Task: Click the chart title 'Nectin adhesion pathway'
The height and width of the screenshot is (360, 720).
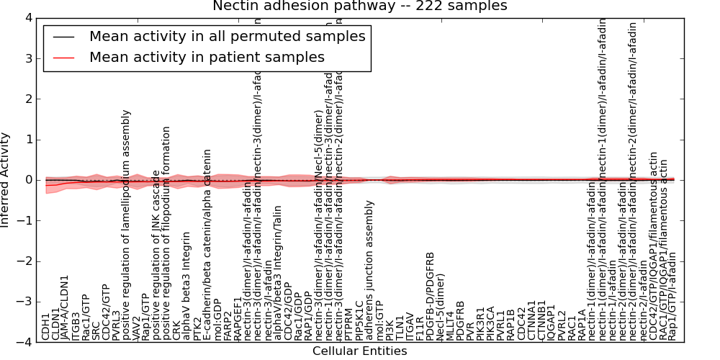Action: pyautogui.click(x=359, y=6)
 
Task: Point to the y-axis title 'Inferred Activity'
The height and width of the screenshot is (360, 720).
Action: pyautogui.click(x=6, y=179)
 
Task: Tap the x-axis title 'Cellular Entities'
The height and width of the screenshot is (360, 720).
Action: pyautogui.click(x=359, y=351)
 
